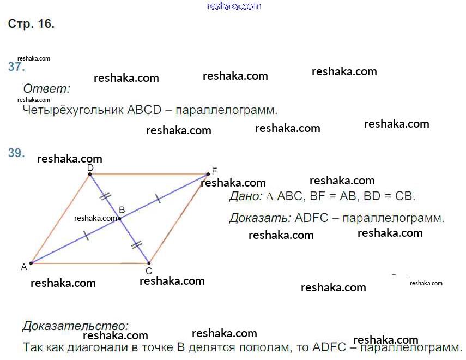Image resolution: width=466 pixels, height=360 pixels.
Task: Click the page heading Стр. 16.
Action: tap(31, 23)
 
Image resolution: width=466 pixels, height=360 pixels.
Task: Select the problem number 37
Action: tap(16, 67)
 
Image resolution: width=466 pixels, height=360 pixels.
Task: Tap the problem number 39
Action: tap(16, 153)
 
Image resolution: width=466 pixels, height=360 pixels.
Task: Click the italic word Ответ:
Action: tap(47, 88)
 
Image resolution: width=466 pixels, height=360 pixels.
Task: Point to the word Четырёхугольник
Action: tap(73, 110)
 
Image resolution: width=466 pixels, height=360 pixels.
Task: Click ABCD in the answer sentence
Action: tap(144, 110)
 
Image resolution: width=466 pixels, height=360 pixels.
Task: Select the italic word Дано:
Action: tap(246, 196)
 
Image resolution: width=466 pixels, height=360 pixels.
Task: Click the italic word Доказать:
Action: tap(260, 218)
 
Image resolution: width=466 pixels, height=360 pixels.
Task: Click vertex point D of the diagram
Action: tap(90, 174)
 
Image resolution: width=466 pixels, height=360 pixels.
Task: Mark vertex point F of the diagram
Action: tap(208, 174)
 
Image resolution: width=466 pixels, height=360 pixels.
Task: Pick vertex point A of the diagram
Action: tap(31, 263)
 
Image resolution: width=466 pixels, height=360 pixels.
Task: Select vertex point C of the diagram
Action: tap(149, 263)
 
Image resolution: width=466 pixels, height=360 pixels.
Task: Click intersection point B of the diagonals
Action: tap(119, 219)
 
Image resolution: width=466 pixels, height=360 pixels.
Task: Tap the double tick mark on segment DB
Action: tap(106, 196)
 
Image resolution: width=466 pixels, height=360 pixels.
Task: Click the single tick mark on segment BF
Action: tap(158, 199)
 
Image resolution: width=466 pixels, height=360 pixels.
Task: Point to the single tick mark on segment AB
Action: tap(86, 235)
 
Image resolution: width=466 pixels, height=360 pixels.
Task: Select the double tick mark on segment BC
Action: tap(136, 245)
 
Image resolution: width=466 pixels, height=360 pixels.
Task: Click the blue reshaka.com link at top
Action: tap(234, 6)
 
